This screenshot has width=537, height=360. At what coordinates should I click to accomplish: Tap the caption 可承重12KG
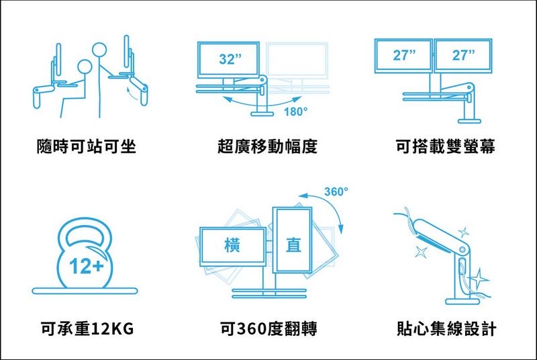[87, 329]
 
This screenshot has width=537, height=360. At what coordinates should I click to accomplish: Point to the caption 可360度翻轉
[267, 329]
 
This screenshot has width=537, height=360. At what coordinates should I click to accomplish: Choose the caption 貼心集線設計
[446, 329]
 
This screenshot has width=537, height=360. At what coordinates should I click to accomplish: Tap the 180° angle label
[295, 111]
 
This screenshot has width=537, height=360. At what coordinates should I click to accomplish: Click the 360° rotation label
[336, 192]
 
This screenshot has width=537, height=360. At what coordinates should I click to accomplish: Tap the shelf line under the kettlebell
[85, 291]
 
